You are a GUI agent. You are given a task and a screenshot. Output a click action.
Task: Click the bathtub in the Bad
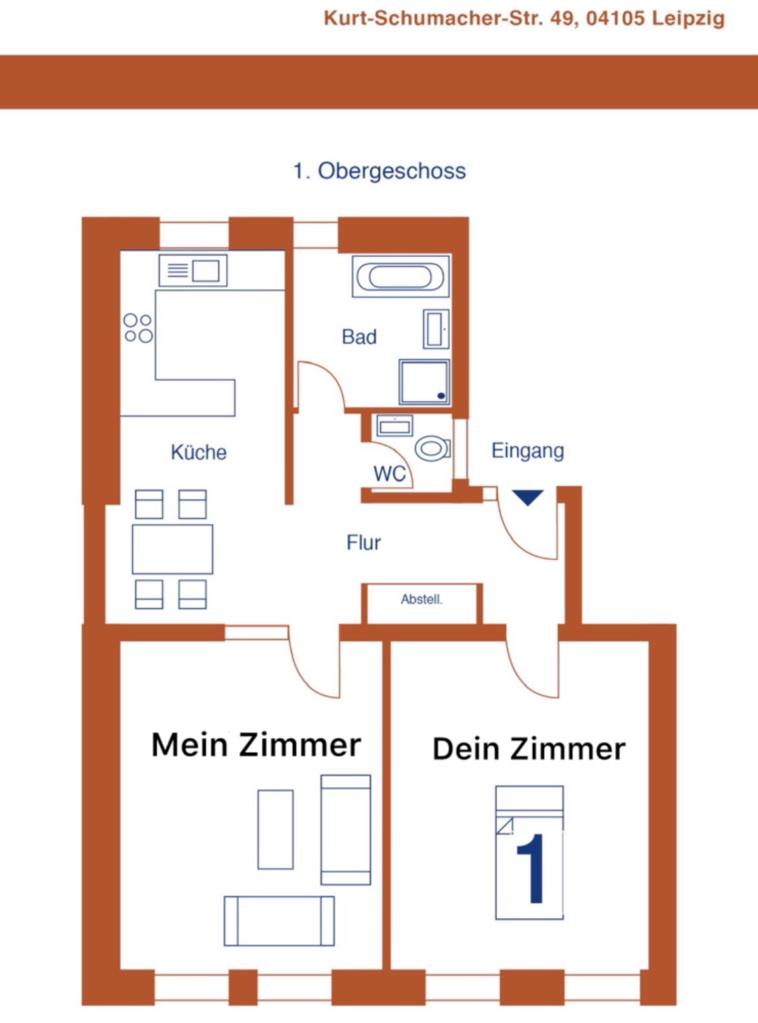coord(400,276)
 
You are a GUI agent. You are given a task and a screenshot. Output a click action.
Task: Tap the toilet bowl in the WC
coord(433,447)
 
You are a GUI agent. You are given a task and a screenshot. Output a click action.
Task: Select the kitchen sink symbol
coord(193,270)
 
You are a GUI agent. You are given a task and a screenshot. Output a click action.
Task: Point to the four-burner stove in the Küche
coord(138,328)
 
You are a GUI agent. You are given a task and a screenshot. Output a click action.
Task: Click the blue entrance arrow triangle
coord(528,498)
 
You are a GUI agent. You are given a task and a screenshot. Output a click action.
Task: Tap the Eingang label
coord(528,451)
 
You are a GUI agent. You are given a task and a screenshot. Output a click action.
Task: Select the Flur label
coord(364,542)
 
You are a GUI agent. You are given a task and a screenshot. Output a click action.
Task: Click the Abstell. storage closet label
coord(421,599)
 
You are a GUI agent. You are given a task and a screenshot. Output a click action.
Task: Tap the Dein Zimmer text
coord(529,748)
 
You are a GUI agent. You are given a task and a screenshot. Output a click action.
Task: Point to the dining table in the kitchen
coord(172,549)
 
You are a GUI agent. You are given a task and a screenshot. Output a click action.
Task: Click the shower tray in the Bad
coord(424,382)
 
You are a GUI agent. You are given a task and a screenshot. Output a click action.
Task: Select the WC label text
coord(389,473)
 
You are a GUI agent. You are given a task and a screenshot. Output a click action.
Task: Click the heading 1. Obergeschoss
coord(379,170)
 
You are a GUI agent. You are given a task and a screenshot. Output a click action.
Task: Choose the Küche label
coord(199,452)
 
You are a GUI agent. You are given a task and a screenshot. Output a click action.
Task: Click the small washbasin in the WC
coord(394,425)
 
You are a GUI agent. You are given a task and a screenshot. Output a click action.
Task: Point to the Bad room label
coord(359,337)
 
